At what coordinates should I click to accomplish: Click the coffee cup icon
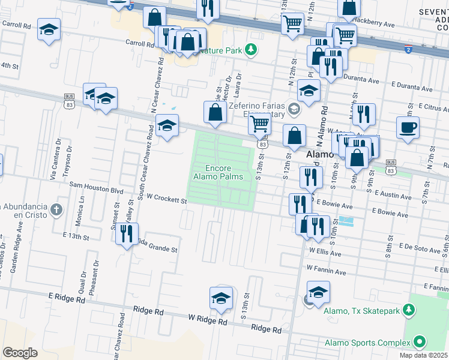408,128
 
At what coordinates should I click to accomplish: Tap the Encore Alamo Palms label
218,172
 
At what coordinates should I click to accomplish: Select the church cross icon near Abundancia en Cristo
56,210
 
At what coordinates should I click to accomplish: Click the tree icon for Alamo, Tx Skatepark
409,310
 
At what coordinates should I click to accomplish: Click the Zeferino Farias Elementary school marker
294,109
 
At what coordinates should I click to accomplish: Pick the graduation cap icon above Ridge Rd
221,298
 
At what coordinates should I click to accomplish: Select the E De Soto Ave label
420,247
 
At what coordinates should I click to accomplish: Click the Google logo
20,352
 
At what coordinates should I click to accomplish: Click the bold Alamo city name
319,155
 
